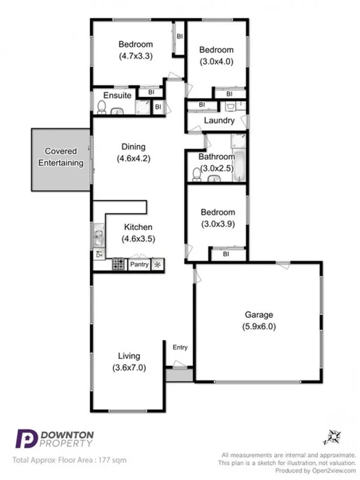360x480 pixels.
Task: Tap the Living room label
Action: click(128, 356)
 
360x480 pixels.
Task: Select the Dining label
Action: click(133, 146)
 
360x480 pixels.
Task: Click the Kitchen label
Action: click(138, 227)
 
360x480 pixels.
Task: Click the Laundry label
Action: click(220, 121)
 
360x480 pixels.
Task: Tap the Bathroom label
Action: click(216, 157)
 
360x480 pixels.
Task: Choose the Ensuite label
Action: click(117, 95)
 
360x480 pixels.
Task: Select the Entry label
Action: click(180, 347)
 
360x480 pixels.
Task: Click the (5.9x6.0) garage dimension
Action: click(260, 327)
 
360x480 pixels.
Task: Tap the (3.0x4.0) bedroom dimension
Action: click(216, 60)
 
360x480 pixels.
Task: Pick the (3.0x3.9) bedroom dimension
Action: click(216, 224)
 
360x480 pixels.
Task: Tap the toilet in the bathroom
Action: click(197, 176)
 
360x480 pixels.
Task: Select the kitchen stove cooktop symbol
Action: click(117, 264)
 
